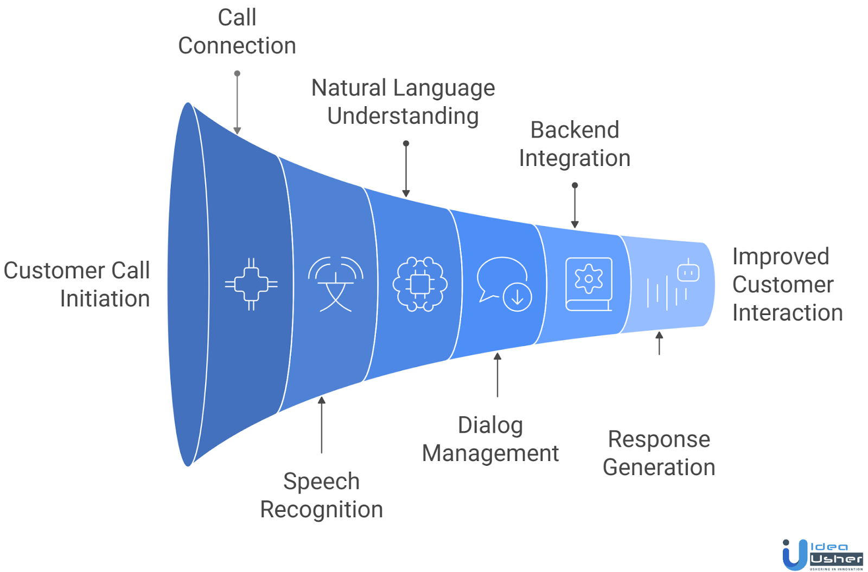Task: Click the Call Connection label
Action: [x=237, y=31]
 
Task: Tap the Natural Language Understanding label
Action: [x=403, y=102]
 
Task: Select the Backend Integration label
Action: [x=575, y=144]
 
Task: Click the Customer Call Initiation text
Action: [x=78, y=285]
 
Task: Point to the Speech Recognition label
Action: [x=321, y=495]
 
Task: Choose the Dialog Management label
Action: [x=490, y=439]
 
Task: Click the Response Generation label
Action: [x=659, y=453]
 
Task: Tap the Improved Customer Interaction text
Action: [x=787, y=285]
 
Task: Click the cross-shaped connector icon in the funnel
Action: [x=251, y=284]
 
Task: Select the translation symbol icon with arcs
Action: [x=336, y=284]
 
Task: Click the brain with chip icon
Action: [x=420, y=284]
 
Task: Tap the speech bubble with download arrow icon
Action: [x=504, y=284]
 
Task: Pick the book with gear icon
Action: [x=589, y=284]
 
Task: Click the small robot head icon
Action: [x=688, y=271]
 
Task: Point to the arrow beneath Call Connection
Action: [x=237, y=103]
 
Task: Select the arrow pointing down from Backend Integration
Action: [x=575, y=206]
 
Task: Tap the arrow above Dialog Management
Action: [x=497, y=375]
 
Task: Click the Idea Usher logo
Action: [x=822, y=554]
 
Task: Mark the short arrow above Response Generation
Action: [x=659, y=343]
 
